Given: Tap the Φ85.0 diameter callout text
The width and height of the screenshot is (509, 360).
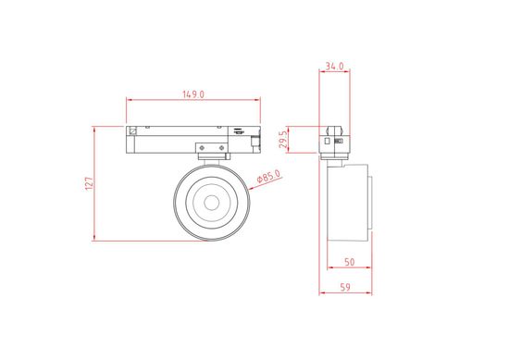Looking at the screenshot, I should point(267,176).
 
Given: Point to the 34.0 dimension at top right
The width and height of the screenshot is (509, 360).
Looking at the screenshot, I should point(335,67).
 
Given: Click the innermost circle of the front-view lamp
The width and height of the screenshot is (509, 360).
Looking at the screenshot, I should point(212,202).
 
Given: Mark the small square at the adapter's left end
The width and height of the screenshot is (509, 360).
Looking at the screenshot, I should point(134,130).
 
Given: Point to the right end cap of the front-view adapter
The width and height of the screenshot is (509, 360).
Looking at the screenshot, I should point(257,139).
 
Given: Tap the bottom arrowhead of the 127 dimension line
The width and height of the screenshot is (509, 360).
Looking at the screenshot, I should point(96,238).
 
